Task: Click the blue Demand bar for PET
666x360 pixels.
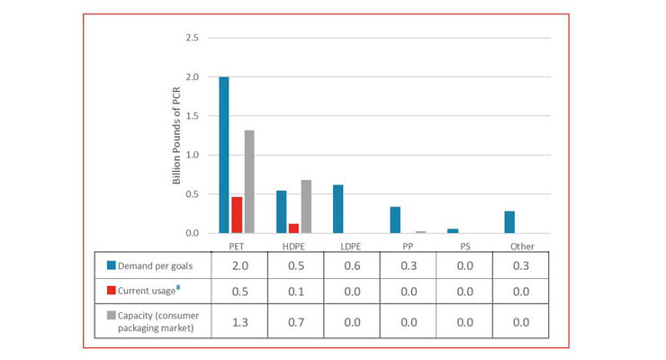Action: (224, 155)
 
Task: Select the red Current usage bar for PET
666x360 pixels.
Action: (237, 215)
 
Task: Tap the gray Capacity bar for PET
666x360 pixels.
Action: (249, 182)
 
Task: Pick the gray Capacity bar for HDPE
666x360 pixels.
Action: (306, 206)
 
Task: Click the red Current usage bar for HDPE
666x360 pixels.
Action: (293, 229)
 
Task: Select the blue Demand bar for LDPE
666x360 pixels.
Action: (338, 209)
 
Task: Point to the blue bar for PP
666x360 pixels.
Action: (395, 220)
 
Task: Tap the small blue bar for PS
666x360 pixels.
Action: (453, 231)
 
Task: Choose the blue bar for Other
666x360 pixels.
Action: (509, 222)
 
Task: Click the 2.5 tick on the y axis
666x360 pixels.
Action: (192, 38)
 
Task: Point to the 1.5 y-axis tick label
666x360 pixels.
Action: (192, 116)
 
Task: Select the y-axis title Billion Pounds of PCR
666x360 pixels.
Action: (176, 135)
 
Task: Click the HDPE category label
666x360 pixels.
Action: (293, 247)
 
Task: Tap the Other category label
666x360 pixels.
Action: (522, 247)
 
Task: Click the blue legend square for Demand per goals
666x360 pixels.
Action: (112, 265)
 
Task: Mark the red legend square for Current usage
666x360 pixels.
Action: (112, 291)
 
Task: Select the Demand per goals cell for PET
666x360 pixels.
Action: (240, 265)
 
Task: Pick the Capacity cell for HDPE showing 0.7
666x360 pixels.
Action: (296, 322)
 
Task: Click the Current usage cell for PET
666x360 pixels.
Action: (240, 292)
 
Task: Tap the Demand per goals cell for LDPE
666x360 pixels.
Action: (352, 265)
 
